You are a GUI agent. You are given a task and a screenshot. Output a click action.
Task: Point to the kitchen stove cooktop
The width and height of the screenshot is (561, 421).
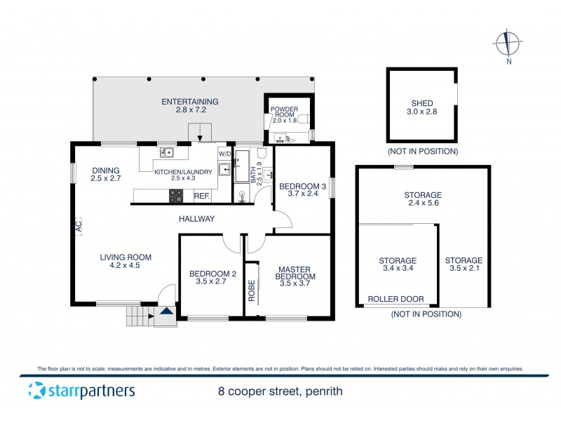pyautogui.click(x=176, y=196)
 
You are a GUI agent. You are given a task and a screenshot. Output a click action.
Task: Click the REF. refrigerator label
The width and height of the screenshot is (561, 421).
pyautogui.click(x=202, y=196)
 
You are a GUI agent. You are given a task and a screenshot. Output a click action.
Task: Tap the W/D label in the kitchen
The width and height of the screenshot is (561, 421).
pyautogui.click(x=224, y=154)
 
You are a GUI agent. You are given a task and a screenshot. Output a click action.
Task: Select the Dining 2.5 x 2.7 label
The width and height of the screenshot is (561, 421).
pyautogui.click(x=105, y=175)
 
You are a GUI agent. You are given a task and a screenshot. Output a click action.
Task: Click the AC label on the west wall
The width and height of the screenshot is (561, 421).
pyautogui.click(x=79, y=227)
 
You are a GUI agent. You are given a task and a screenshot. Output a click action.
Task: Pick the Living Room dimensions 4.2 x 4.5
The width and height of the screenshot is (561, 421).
pyautogui.click(x=126, y=266)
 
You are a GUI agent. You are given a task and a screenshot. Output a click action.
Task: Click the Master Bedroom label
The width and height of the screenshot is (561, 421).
pyautogui.click(x=295, y=274)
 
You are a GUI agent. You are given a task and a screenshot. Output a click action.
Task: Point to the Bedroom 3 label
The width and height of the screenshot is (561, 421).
pyautogui.click(x=303, y=190)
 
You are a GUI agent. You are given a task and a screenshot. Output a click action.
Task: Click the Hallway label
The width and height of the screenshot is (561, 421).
pyautogui.click(x=196, y=219)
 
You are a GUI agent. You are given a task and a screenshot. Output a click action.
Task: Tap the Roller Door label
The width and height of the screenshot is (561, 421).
pyautogui.click(x=396, y=299)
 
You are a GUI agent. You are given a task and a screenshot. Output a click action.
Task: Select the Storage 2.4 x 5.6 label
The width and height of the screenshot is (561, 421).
pyautogui.click(x=422, y=199)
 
